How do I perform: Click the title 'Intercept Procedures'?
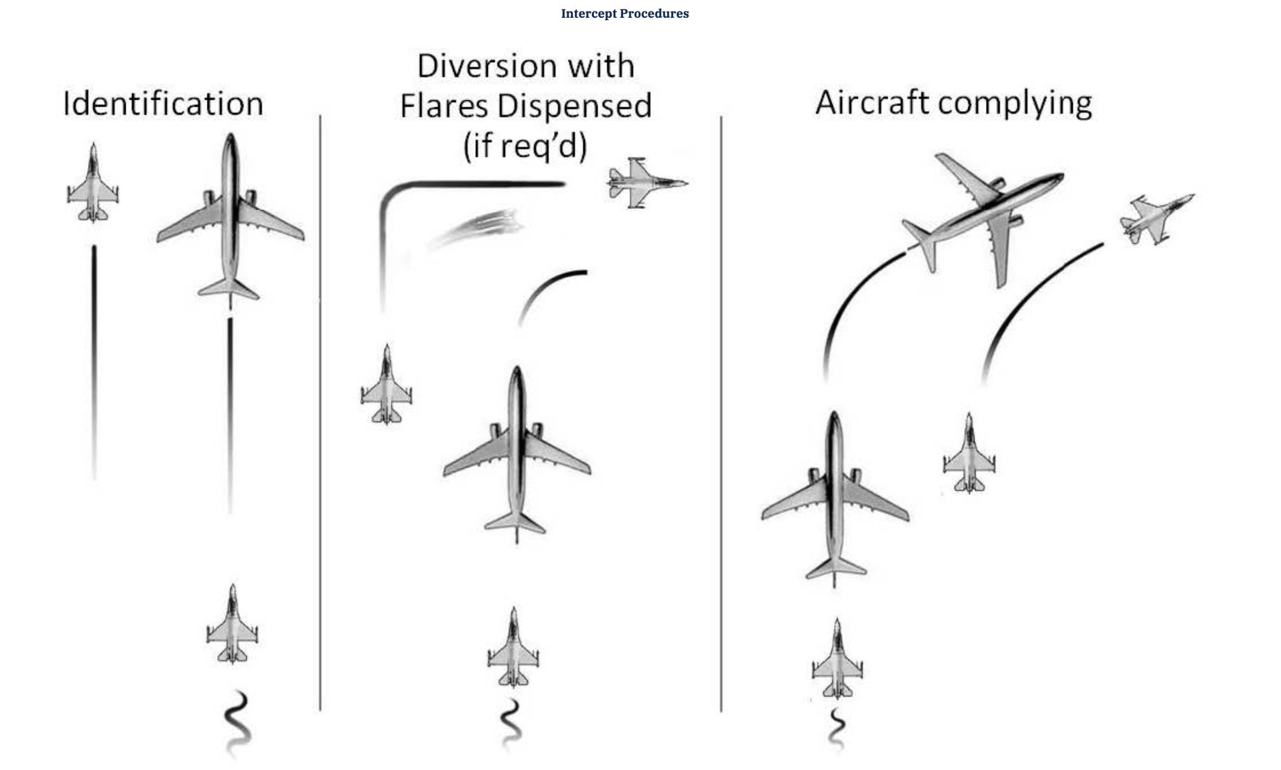click(624, 13)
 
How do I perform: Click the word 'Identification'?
click(163, 103)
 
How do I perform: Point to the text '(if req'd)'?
click(525, 145)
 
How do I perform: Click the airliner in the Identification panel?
click(230, 216)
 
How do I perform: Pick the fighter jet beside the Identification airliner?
click(93, 184)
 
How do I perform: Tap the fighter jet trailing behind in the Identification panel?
click(232, 625)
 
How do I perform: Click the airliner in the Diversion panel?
click(517, 454)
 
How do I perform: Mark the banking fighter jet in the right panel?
click(1153, 219)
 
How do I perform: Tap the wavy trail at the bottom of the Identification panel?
click(237, 724)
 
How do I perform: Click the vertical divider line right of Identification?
click(320, 413)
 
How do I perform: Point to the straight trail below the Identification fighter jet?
click(95, 362)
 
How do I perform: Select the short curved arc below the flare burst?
click(549, 292)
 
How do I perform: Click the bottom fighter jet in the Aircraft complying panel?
click(838, 660)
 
